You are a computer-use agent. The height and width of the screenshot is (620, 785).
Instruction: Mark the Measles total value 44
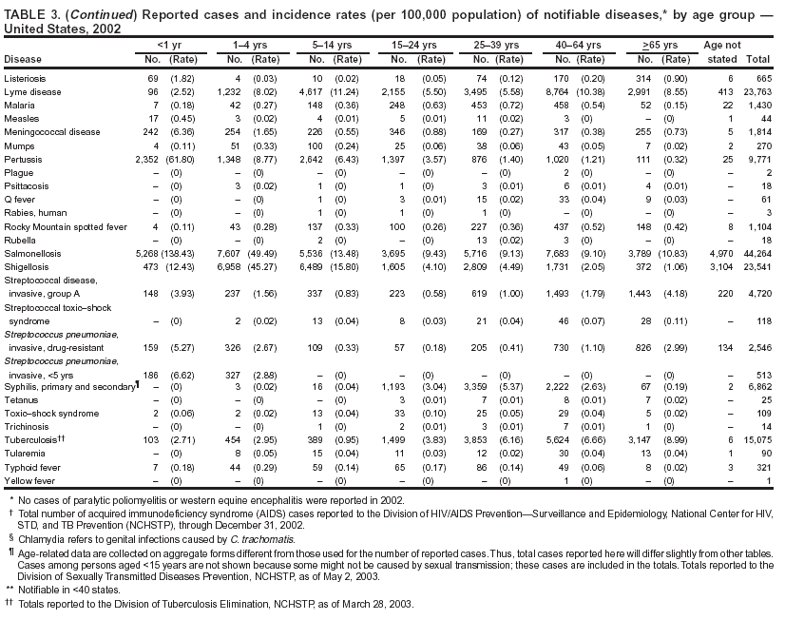click(764, 118)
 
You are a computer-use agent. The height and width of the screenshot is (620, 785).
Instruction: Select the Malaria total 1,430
click(758, 104)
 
